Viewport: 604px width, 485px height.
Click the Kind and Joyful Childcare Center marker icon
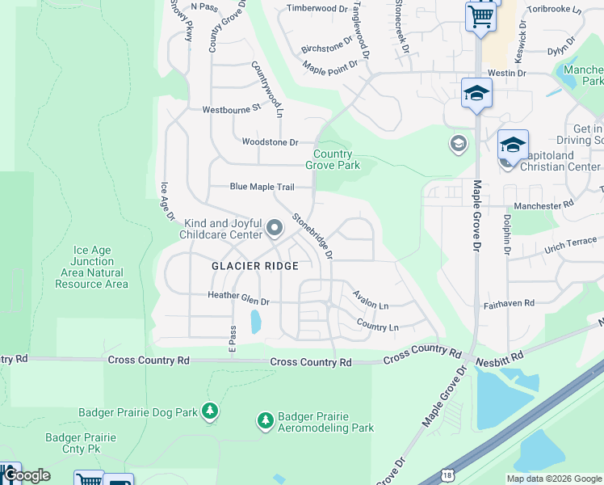pyautogui.click(x=274, y=228)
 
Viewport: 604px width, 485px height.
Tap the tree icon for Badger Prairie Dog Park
pyautogui.click(x=210, y=411)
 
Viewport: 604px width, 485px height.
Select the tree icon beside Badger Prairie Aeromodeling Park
pyautogui.click(x=265, y=420)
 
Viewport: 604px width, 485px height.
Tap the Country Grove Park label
pyautogui.click(x=333, y=159)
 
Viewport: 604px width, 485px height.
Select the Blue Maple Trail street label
pyautogui.click(x=262, y=187)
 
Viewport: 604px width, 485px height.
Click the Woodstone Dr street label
pyautogui.click(x=271, y=142)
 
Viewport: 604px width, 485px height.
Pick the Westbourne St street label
pyautogui.click(x=232, y=108)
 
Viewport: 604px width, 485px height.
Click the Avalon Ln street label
pyautogui.click(x=371, y=302)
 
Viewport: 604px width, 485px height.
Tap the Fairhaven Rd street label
pyautogui.click(x=509, y=303)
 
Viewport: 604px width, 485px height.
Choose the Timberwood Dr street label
pyautogui.click(x=317, y=9)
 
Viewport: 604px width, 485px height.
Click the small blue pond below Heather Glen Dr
pyautogui.click(x=256, y=323)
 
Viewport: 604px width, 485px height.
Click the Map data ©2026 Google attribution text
pyautogui.click(x=554, y=479)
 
